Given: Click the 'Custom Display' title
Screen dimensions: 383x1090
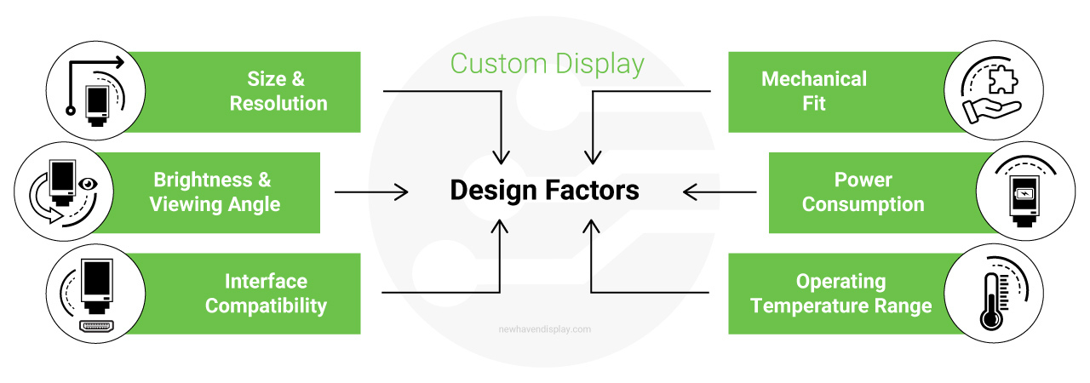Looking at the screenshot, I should click(547, 65).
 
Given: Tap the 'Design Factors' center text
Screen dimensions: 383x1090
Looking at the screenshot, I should click(544, 191).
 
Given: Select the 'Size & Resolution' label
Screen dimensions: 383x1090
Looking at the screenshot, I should click(278, 91).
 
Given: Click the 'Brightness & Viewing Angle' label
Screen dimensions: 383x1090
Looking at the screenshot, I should click(214, 192).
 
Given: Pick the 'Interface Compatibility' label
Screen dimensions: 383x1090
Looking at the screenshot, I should click(266, 294).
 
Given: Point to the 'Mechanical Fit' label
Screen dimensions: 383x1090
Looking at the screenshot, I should click(813, 91).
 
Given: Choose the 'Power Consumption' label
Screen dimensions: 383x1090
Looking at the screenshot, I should click(863, 192).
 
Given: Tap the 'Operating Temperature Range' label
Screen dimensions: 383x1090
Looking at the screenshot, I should click(840, 294).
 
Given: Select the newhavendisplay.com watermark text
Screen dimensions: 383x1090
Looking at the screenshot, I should click(544, 329).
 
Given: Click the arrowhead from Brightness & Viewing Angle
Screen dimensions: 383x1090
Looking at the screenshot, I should click(402, 192).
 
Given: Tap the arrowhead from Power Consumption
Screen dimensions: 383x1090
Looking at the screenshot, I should click(691, 192).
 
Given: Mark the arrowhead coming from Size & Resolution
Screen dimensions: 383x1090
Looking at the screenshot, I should click(502, 157).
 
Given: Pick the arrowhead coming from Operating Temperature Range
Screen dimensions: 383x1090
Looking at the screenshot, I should click(591, 226).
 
